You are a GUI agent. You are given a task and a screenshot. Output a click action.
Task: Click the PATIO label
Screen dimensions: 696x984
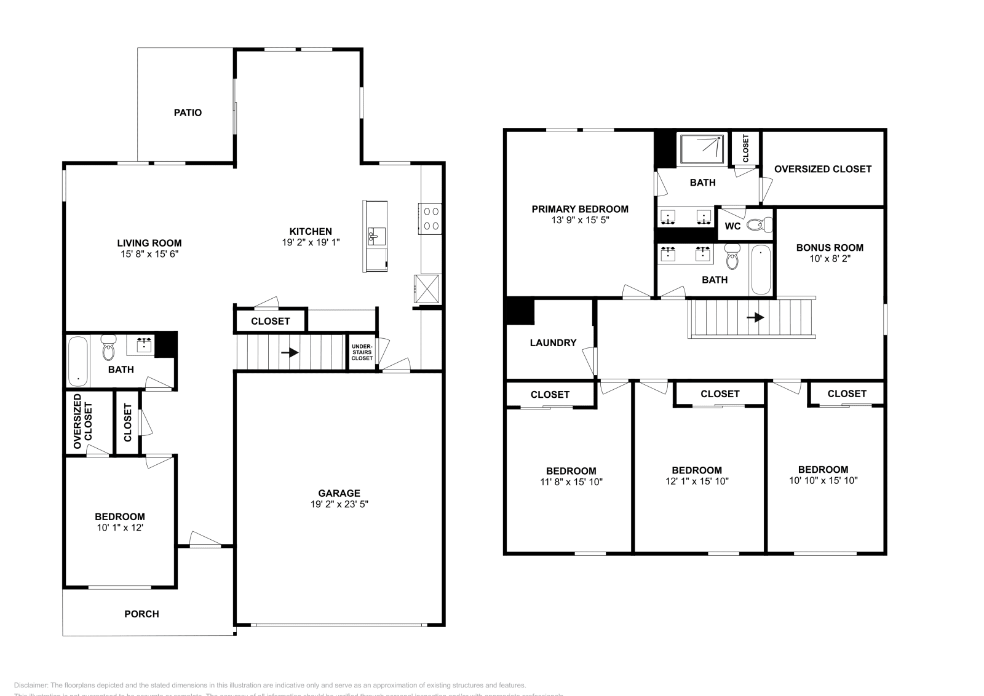click(x=188, y=113)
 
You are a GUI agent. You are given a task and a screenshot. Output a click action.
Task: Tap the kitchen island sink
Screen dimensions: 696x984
click(x=375, y=234)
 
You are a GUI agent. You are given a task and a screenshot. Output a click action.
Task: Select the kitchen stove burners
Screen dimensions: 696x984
click(x=430, y=218)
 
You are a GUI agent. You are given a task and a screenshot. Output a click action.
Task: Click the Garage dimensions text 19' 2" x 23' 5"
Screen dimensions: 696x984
click(x=339, y=504)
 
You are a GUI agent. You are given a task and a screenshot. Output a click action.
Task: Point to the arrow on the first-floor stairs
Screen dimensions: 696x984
click(x=290, y=353)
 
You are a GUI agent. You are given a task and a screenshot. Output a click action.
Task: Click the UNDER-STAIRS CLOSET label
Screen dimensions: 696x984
click(x=362, y=352)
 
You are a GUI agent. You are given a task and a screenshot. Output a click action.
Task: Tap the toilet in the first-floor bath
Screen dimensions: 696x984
click(x=109, y=348)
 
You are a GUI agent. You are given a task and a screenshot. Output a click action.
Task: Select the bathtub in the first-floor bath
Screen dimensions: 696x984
click(x=77, y=362)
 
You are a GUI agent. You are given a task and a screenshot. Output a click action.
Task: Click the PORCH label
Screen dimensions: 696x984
click(x=141, y=614)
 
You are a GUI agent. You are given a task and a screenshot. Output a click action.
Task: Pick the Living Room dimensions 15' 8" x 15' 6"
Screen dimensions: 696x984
click(x=149, y=254)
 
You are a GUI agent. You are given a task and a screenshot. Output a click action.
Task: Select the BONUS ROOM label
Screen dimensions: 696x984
click(x=830, y=247)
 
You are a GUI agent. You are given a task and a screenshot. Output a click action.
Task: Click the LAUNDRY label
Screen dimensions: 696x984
click(x=553, y=342)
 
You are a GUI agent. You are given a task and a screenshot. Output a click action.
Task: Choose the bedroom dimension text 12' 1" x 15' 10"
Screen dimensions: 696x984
click(x=697, y=481)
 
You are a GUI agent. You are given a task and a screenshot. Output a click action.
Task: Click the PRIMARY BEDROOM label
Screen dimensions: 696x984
click(x=580, y=209)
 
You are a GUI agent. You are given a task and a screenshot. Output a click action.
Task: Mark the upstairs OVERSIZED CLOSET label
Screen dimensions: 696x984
click(x=822, y=168)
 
